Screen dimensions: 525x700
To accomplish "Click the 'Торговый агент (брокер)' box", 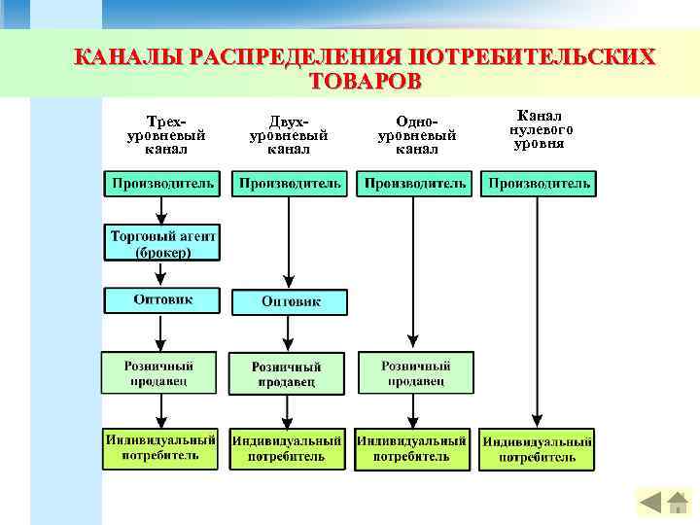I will [x=162, y=243].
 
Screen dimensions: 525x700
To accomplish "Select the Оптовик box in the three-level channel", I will [x=162, y=299].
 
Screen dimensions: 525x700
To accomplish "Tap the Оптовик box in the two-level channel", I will [x=290, y=302].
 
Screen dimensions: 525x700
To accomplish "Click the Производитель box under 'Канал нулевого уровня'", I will [x=539, y=183].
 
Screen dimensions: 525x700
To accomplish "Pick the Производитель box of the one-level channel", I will [x=413, y=183].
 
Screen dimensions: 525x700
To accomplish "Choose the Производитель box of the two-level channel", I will [x=290, y=183].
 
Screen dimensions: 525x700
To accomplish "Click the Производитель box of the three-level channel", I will [x=162, y=183].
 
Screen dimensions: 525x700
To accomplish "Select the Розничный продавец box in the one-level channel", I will [x=415, y=372].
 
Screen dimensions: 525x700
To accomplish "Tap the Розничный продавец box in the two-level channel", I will [x=287, y=373].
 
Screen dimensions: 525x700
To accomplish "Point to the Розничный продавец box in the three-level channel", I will [x=158, y=372].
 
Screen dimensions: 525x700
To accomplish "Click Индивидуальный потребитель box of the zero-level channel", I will [x=539, y=448].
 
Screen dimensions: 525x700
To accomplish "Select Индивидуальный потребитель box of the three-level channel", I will [x=160, y=447].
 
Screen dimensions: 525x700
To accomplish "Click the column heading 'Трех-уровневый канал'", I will [x=166, y=134].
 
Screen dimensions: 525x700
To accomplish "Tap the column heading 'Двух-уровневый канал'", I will [x=290, y=134].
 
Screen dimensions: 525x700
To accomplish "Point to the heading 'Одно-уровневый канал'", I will [x=416, y=134].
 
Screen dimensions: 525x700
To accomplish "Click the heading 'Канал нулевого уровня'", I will [x=540, y=129].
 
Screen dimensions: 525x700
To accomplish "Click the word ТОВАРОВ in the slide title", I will [x=365, y=81].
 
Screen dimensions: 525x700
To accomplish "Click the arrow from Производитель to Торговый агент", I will [x=162, y=210].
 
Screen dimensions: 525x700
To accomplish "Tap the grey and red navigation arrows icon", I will [x=663, y=502].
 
